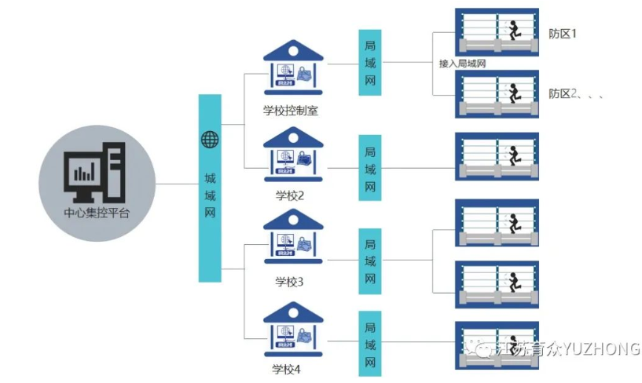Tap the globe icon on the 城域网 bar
[210, 140]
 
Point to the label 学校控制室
[291, 111]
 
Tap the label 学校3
[289, 281]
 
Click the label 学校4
[286, 369]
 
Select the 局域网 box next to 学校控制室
[370, 63]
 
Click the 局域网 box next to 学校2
[370, 168]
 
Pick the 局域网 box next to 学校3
[370, 261]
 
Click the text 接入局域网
[463, 64]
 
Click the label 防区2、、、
[575, 93]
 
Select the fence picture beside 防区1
[497, 32]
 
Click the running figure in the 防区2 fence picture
[512, 93]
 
